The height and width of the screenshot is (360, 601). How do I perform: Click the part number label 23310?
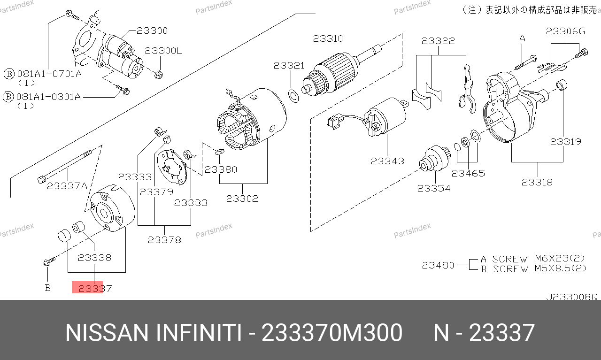coord(328,38)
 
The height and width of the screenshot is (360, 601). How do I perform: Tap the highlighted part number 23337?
coord(95,289)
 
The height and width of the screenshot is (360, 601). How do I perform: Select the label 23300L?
coord(164,51)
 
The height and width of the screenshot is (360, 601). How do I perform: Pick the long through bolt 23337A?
coord(65,167)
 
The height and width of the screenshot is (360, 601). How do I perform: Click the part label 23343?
coord(387,161)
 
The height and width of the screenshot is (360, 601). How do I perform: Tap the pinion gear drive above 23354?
coord(435,159)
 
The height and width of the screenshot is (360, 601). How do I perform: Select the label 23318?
coord(537,183)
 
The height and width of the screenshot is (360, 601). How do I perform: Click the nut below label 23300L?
coord(159,74)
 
